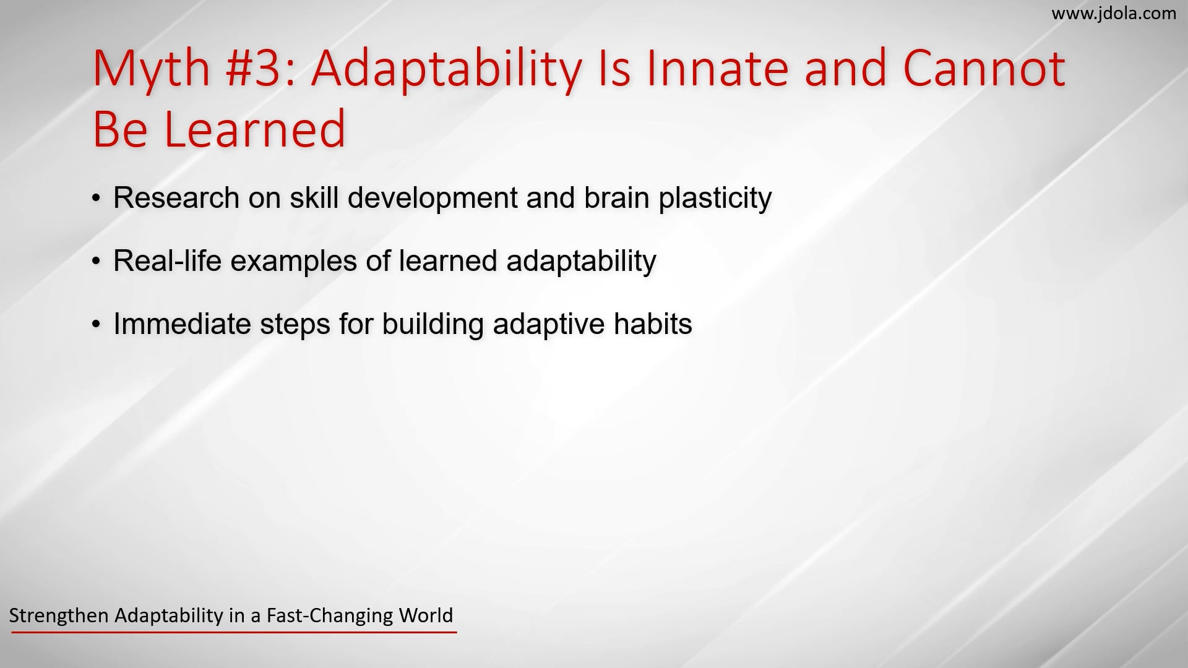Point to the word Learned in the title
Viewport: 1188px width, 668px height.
point(254,129)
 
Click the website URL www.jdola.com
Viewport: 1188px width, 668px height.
point(1114,14)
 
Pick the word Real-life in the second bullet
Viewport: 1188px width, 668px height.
point(167,261)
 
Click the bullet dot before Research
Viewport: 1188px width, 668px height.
point(96,199)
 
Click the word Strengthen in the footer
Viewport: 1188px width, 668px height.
point(59,615)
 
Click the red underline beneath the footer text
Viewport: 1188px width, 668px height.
point(234,632)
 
